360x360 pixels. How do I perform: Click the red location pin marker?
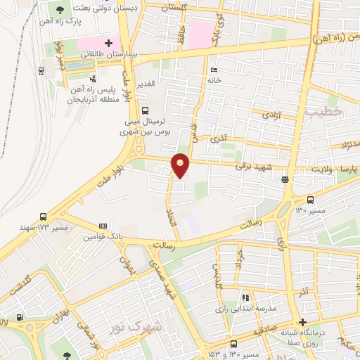181,165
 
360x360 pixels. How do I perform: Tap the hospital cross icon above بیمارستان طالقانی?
108,43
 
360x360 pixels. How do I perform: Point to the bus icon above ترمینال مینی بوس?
146,110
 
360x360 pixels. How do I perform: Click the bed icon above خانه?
214,70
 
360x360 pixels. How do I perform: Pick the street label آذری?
219,139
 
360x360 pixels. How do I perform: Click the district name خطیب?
328,111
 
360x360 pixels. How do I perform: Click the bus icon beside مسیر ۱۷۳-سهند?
44,217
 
